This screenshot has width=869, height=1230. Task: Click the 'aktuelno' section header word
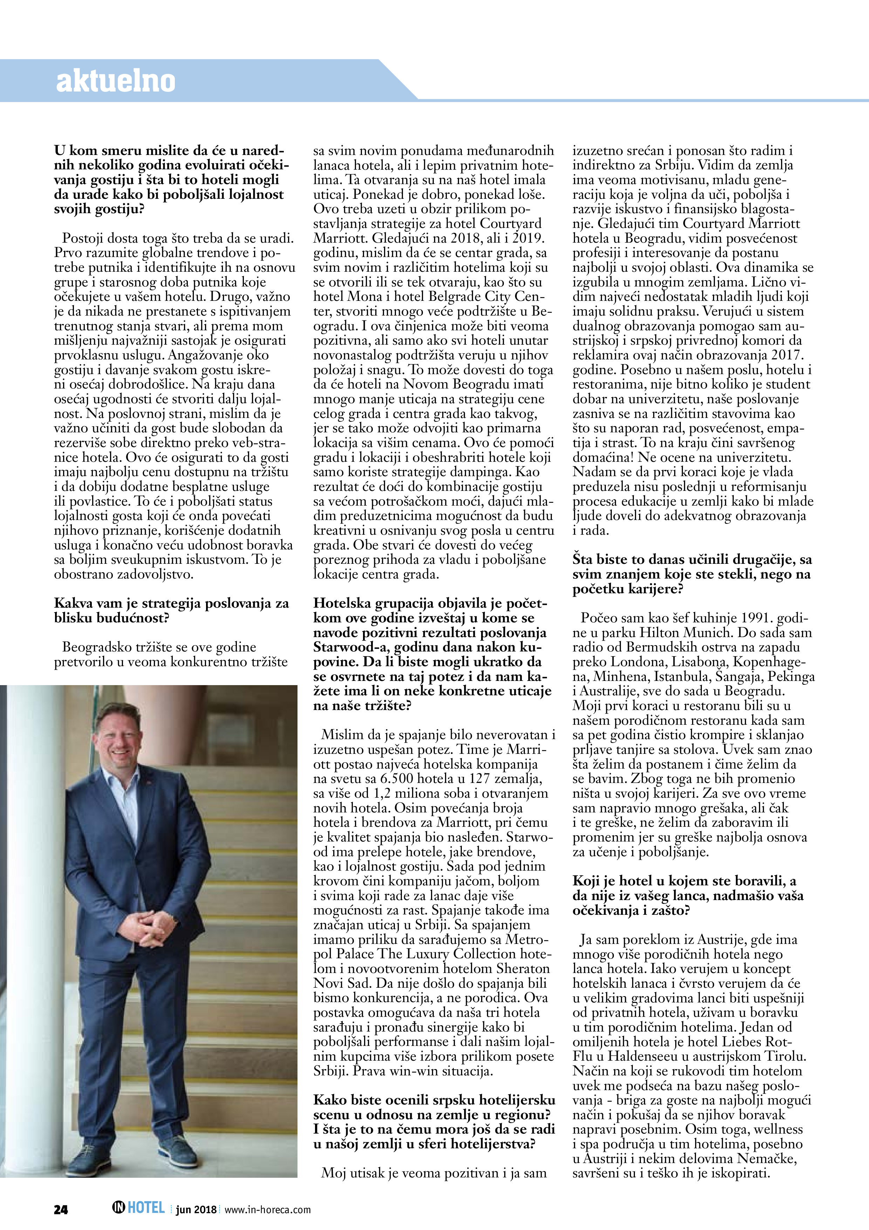(x=116, y=81)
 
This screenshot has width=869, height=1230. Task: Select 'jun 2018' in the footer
(x=196, y=1210)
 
